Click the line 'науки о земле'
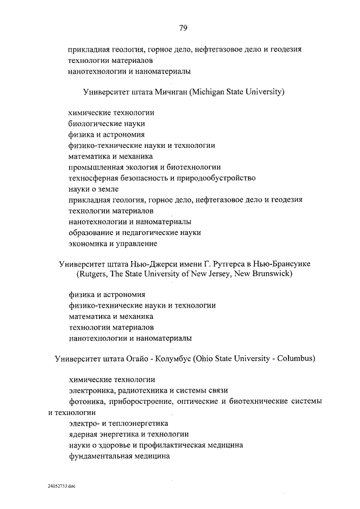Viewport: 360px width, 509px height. tap(93, 188)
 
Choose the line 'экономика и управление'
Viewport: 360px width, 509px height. tap(112, 243)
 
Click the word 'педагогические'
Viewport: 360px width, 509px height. tap(151, 232)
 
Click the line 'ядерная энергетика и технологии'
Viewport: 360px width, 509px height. tap(128, 434)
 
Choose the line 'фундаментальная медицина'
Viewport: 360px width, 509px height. tap(119, 456)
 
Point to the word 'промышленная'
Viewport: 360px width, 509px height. tap(95, 167)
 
